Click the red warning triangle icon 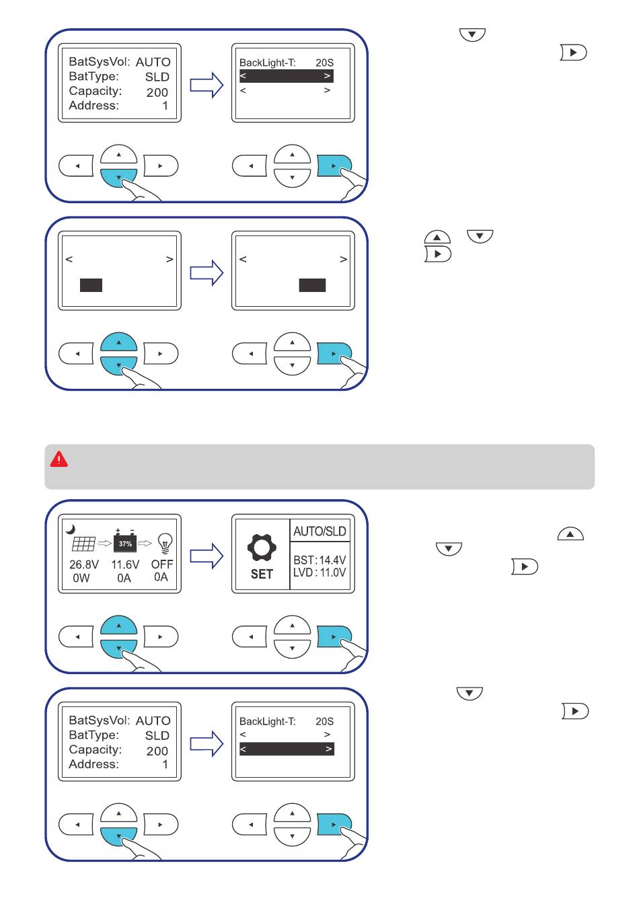(x=59, y=459)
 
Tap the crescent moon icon (x=71, y=529)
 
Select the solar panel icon (x=83, y=544)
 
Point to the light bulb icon (x=165, y=543)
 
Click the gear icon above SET (x=262, y=547)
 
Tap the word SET (x=262, y=574)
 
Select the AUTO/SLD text (x=319, y=531)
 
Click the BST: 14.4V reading (x=319, y=560)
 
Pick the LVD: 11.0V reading (x=319, y=573)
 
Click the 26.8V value (x=84, y=564)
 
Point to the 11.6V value (x=125, y=564)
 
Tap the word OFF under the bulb (x=162, y=564)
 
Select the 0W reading (x=81, y=578)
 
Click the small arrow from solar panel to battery (x=105, y=544)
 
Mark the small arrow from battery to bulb (x=145, y=544)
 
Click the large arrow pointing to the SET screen (x=206, y=556)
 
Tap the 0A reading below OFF (x=161, y=577)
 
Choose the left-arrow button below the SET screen (x=250, y=636)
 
